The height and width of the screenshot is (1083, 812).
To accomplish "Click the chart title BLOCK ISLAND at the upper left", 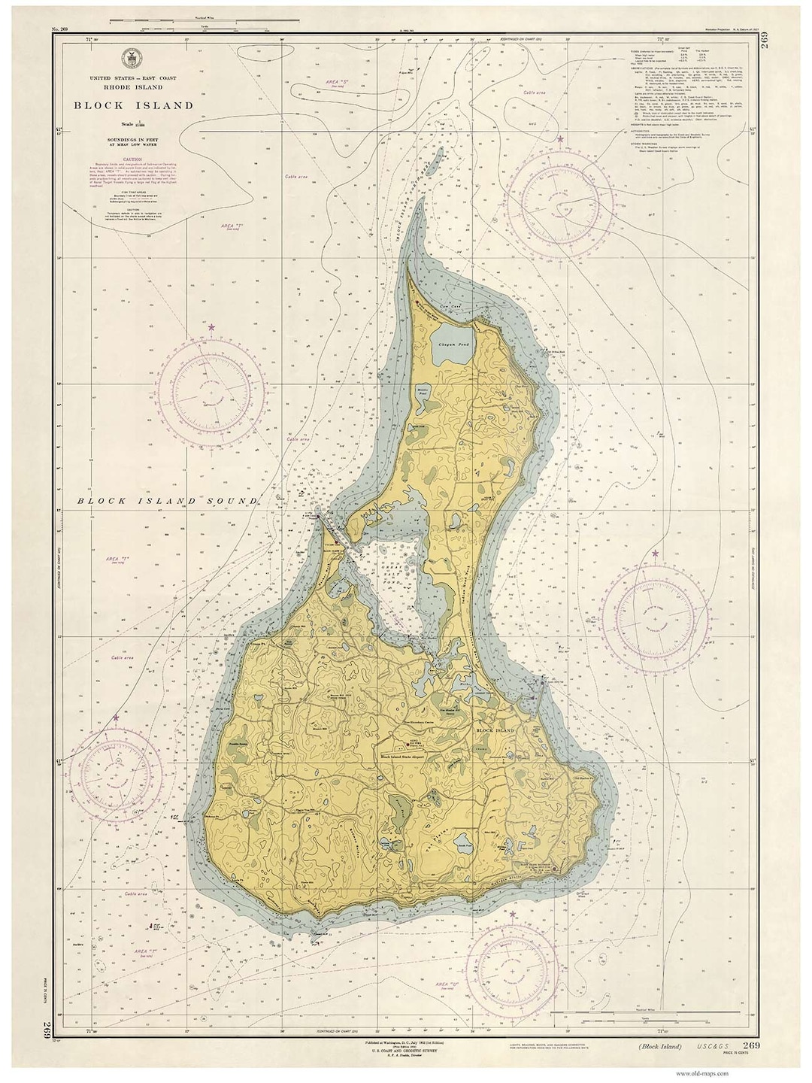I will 133,106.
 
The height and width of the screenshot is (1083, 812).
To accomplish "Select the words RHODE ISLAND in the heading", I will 133,87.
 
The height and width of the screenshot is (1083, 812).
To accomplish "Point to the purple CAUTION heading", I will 133,159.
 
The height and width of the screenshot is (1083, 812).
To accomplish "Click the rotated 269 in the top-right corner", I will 765,57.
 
